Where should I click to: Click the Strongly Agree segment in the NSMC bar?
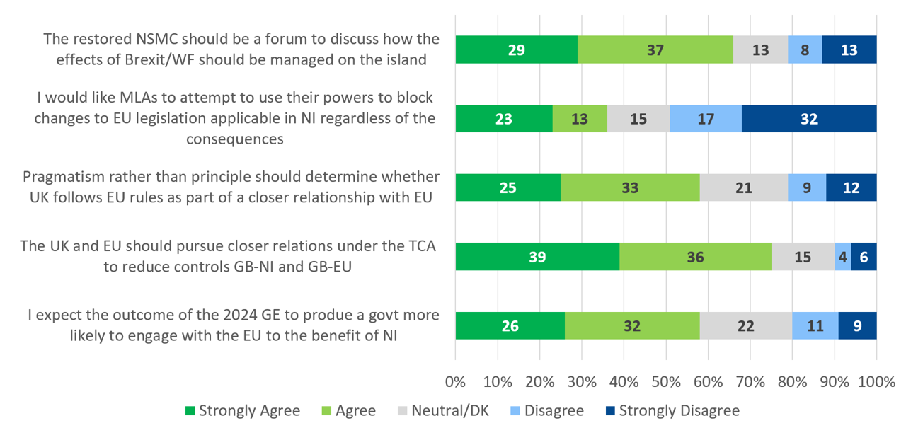pos(516,50)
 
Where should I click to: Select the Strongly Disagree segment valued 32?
pos(809,119)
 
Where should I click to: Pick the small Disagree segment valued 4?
pos(842,257)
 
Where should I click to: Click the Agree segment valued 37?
pos(655,50)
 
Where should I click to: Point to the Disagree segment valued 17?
pos(705,119)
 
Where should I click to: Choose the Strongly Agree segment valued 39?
pos(537,257)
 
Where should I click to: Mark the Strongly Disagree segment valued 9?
pos(857,326)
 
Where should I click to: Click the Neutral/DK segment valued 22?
pos(745,326)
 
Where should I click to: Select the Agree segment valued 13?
pos(579,119)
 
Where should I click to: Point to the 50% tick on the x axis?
pos(666,383)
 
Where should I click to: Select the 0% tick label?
pos(455,383)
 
